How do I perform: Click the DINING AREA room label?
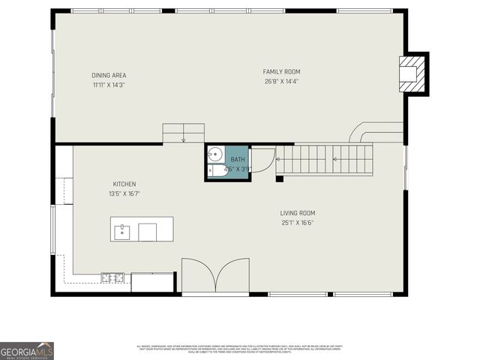pyautogui.click(x=109, y=75)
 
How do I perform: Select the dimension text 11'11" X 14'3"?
pyautogui.click(x=109, y=85)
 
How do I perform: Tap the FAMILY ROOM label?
pyautogui.click(x=281, y=72)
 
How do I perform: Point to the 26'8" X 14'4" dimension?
pyautogui.click(x=281, y=82)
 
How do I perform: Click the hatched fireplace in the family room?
pyautogui.click(x=411, y=73)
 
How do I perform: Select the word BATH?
pyautogui.click(x=237, y=160)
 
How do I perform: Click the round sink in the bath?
pyautogui.click(x=214, y=154)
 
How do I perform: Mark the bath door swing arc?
pyautogui.click(x=264, y=160)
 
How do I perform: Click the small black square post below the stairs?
pyautogui.click(x=279, y=178)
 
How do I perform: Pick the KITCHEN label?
pyautogui.click(x=124, y=184)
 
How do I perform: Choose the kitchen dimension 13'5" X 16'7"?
pyautogui.click(x=124, y=193)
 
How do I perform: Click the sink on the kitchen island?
pyautogui.click(x=122, y=232)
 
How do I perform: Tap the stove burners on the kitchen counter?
pyautogui.click(x=112, y=277)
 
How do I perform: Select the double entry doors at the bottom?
pyautogui.click(x=215, y=276)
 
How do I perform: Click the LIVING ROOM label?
pyautogui.click(x=298, y=212)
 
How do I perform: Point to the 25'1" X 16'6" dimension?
pyautogui.click(x=298, y=222)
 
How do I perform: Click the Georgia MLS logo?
pyautogui.click(x=27, y=351)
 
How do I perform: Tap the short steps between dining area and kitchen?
pyautogui.click(x=184, y=132)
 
